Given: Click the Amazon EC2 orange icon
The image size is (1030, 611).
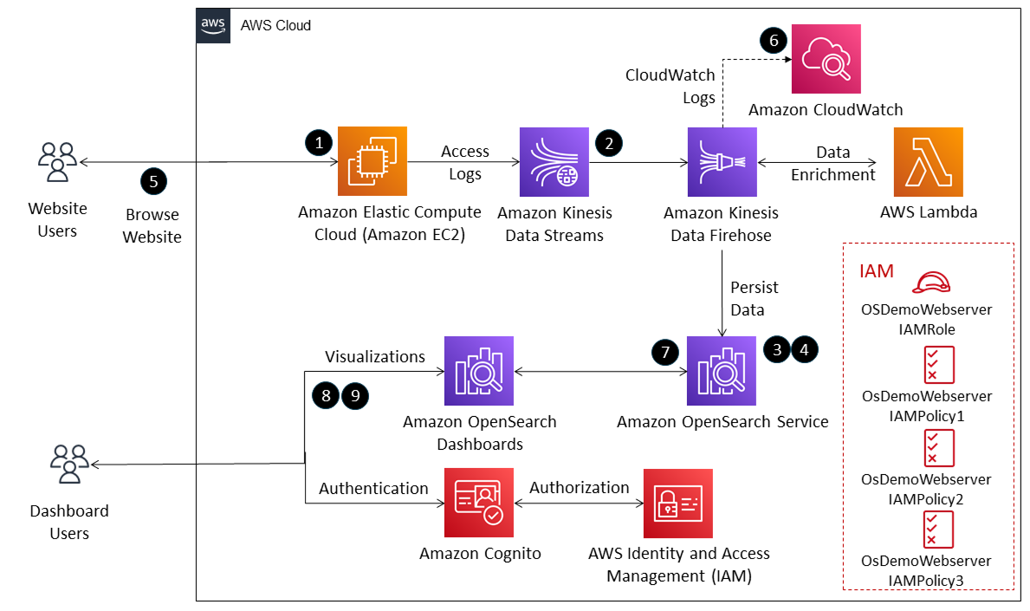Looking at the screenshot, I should tap(372, 161).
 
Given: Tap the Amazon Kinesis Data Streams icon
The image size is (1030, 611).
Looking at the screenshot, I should tap(554, 161).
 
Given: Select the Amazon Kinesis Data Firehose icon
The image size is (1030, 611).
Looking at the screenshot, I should tap(722, 161).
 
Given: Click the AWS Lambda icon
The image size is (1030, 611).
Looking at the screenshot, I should tap(928, 161).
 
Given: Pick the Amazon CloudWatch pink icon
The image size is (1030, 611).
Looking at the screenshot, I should tap(826, 58).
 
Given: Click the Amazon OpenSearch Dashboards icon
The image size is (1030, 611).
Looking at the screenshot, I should tap(479, 372).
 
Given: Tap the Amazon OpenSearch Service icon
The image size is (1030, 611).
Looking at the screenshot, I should tap(722, 372).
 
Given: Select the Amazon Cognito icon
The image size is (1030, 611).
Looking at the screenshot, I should tap(479, 503).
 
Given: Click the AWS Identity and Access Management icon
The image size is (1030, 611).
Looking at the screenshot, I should tap(678, 503).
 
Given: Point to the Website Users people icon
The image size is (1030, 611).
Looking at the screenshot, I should tap(57, 162).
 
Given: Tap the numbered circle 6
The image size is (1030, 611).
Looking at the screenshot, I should tap(774, 39).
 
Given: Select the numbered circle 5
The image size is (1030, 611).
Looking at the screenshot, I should tap(153, 181).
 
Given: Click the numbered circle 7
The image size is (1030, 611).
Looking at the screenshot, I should tap(664, 352).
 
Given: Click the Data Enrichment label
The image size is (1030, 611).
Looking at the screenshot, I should tap(832, 163).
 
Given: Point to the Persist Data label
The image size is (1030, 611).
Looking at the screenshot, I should tap(754, 297).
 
